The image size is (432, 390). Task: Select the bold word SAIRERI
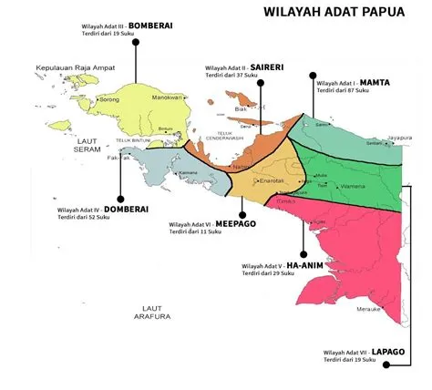[x=271, y=67]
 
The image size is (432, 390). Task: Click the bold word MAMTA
[x=374, y=82]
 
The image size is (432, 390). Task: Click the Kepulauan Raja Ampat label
[x=73, y=67]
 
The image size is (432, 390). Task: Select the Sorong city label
[x=109, y=97]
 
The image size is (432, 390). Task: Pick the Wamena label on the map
[x=352, y=186]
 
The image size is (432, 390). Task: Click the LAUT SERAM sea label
[x=87, y=145]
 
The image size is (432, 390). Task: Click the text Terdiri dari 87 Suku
[x=343, y=91]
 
